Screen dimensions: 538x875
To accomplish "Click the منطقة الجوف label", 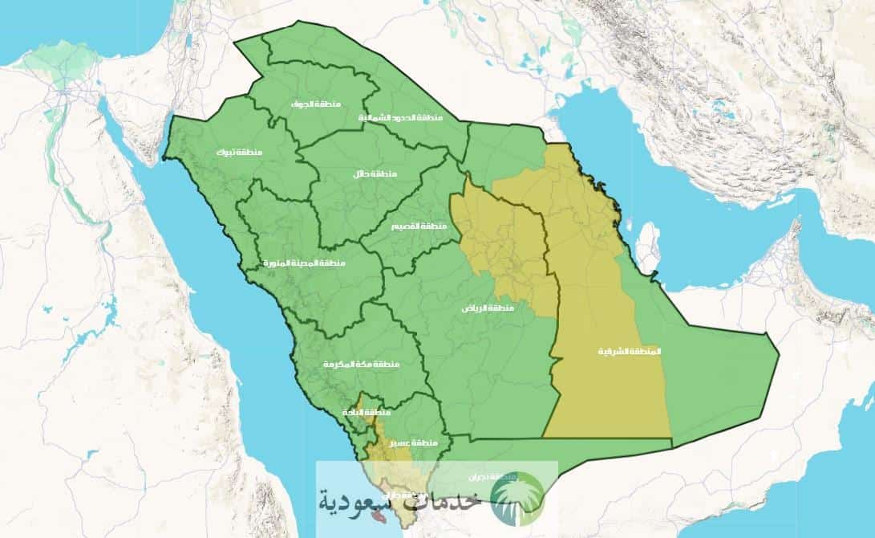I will pos(317,104).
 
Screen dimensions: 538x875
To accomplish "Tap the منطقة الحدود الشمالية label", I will pos(400,118).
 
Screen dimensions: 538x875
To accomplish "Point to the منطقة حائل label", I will pos(375,174).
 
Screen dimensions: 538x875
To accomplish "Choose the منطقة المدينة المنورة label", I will pos(304,263).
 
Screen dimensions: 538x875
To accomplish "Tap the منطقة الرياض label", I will pos(487,308).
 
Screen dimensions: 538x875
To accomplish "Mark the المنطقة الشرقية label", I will pos(631,352).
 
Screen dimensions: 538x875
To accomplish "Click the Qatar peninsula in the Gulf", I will pos(647,247).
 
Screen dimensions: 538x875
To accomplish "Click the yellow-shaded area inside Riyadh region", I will pos(505,241).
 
